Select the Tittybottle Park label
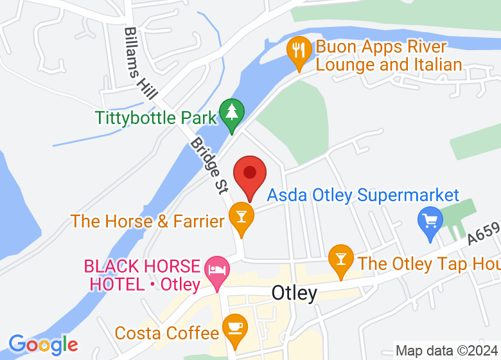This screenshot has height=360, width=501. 156,118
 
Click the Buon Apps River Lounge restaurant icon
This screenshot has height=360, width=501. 299,50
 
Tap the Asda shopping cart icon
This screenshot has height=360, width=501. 430,221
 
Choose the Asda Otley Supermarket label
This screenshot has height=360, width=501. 364,195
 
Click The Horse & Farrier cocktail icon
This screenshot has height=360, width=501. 241,216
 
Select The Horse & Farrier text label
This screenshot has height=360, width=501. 147,221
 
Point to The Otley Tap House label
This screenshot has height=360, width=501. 429,263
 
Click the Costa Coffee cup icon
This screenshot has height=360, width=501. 234,328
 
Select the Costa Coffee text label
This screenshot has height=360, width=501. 166,333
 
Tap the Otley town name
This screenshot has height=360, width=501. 294,293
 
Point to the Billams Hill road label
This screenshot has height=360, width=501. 141,62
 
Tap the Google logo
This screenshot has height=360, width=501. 43,345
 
